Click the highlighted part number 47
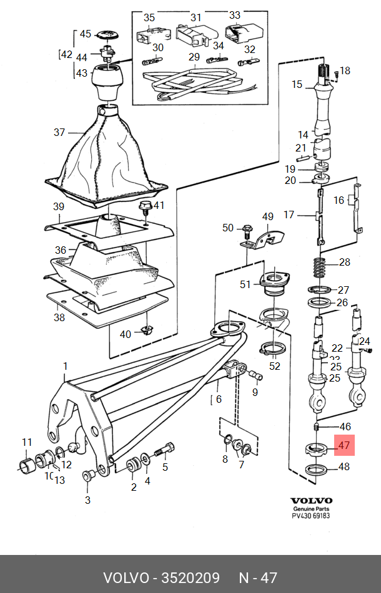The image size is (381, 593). pyautogui.click(x=344, y=445)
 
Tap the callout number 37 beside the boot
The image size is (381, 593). pyautogui.click(x=59, y=132)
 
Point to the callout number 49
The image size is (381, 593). pyautogui.click(x=267, y=217)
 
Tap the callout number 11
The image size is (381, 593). pyautogui.click(x=27, y=443)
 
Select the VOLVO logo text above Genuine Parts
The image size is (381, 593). pyautogui.click(x=311, y=500)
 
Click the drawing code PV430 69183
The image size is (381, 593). pyautogui.click(x=311, y=516)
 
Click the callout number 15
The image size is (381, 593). pyautogui.click(x=297, y=84)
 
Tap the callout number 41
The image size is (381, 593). pyautogui.click(x=159, y=205)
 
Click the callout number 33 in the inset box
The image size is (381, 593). pyautogui.click(x=235, y=15)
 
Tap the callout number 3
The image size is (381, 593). pyautogui.click(x=87, y=499)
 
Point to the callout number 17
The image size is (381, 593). pyautogui.click(x=289, y=215)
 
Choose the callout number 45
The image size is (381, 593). pyautogui.click(x=85, y=34)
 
